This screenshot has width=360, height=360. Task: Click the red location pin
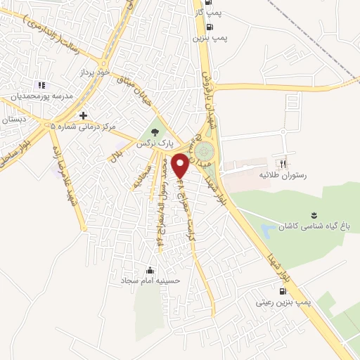(181, 165)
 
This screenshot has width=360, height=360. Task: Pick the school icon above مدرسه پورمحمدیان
(40, 85)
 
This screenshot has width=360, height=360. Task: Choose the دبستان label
(13, 120)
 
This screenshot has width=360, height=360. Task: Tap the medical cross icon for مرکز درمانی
(84, 115)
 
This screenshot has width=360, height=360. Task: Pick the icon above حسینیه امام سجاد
(149, 269)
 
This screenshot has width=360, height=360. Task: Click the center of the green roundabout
(205, 152)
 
